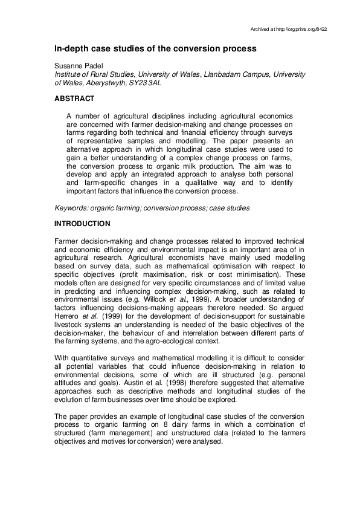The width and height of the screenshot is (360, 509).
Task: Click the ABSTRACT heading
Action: pos(74,98)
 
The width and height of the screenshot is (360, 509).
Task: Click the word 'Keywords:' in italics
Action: pos(72,208)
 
